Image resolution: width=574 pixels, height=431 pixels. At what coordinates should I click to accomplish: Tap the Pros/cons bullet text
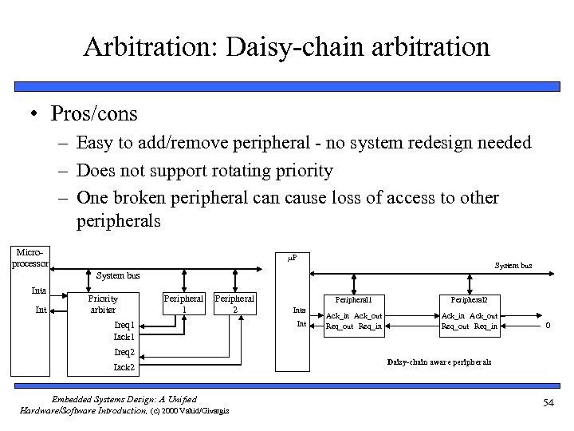click(x=94, y=114)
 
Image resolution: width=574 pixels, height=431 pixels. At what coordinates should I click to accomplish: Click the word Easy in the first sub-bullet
click(x=96, y=144)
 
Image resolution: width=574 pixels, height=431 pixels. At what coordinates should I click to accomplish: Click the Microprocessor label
click(x=31, y=258)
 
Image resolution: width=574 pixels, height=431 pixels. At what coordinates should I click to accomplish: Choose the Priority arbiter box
click(x=102, y=304)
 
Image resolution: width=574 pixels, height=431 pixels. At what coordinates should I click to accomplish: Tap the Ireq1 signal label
click(x=124, y=325)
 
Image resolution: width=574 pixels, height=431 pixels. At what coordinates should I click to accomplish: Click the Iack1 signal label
click(x=124, y=337)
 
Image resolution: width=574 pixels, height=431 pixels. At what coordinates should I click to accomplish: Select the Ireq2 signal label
click(x=124, y=352)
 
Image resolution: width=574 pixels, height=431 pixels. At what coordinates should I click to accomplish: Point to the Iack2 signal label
click(x=124, y=367)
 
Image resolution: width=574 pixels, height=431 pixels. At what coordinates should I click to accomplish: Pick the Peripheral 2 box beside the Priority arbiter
click(x=234, y=304)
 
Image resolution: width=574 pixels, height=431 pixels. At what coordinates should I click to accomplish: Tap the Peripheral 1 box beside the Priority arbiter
click(x=184, y=304)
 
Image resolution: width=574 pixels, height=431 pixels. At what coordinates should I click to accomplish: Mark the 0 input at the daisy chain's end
click(x=546, y=324)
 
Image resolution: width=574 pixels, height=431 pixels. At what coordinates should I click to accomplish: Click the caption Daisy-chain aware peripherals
click(x=439, y=362)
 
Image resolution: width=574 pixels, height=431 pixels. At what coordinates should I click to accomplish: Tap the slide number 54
click(x=548, y=403)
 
